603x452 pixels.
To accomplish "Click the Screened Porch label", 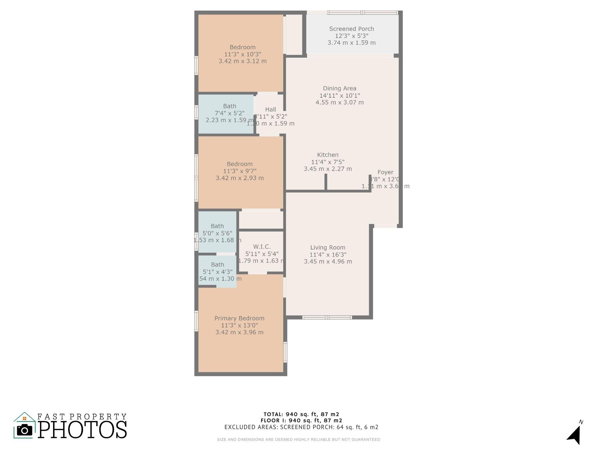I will (x=351, y=29).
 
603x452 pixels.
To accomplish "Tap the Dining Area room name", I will (x=339, y=88).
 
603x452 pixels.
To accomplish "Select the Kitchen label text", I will (x=328, y=155).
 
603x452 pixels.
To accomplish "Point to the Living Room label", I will (x=328, y=247).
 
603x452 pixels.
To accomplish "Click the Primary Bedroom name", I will (x=239, y=318).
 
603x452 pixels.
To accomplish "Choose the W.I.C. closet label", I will (x=262, y=247).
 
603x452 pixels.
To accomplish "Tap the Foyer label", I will (x=385, y=172).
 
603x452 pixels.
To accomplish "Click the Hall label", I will (x=271, y=109).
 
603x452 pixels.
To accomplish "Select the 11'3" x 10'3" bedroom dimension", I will (x=243, y=54).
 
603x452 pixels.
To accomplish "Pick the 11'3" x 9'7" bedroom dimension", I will (x=240, y=171).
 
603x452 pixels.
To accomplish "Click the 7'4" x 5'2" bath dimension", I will (x=229, y=113).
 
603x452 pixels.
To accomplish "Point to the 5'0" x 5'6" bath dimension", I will (x=217, y=233).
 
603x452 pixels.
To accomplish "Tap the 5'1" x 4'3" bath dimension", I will (x=218, y=272).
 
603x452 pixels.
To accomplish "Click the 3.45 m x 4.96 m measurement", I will (x=328, y=261).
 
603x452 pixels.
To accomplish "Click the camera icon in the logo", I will (x=24, y=431).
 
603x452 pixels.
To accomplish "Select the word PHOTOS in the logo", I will (x=82, y=430).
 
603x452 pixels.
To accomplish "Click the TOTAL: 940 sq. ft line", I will (x=301, y=414).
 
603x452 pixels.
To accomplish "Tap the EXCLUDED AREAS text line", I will (x=301, y=427).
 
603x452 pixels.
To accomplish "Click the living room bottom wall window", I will (x=327, y=317).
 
